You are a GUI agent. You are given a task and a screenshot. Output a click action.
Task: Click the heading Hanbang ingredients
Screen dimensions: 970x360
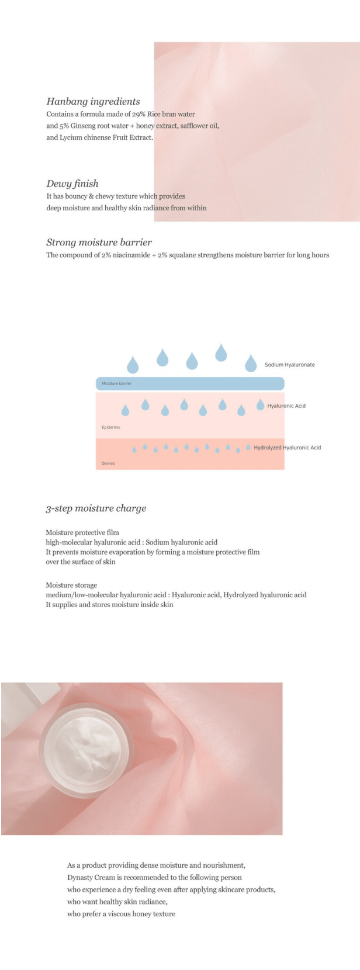93,102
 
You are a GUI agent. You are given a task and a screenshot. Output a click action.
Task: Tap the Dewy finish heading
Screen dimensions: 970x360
72,183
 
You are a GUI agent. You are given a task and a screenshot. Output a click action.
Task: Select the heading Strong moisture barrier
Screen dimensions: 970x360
99,242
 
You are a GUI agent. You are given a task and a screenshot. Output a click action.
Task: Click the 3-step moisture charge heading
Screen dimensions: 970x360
96,508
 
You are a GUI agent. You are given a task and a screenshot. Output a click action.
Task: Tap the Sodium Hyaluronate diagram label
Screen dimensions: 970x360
289,365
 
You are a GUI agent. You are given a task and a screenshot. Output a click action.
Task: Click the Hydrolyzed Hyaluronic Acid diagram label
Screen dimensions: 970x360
287,448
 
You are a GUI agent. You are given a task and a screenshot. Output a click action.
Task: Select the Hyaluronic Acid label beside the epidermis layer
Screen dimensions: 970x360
286,406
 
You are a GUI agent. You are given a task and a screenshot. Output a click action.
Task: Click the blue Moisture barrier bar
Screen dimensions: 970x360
190,383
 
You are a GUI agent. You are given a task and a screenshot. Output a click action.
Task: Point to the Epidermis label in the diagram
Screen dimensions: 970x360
111,427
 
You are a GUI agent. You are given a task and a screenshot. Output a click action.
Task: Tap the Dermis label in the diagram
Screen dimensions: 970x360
108,463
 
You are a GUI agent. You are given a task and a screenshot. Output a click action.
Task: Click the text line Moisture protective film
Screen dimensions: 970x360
82,532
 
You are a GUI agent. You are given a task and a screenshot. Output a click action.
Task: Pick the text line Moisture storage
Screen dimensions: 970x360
71,585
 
